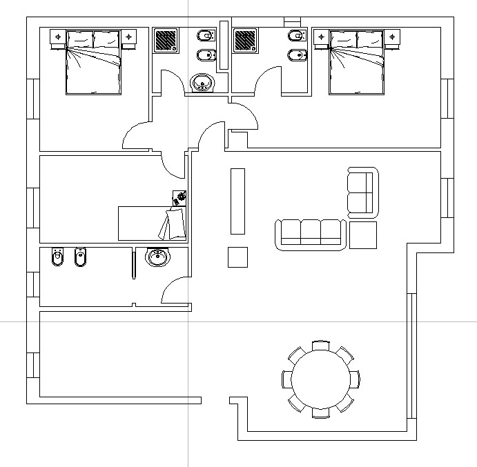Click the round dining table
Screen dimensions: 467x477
click(320, 379)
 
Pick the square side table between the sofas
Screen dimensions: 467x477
click(363, 235)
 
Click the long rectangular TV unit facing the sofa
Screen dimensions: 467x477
click(237, 201)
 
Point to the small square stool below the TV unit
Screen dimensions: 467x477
click(238, 257)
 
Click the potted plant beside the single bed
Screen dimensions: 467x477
click(182, 197)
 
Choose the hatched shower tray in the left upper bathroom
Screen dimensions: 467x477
click(165, 39)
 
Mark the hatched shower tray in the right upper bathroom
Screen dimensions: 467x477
click(245, 39)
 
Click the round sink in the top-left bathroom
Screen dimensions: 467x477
click(202, 83)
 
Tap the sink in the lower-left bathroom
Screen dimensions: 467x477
click(158, 258)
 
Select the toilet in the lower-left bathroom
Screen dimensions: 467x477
click(57, 258)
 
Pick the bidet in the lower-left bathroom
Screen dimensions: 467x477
click(79, 258)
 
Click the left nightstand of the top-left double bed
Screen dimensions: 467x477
click(58, 36)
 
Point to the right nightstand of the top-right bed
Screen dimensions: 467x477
click(392, 36)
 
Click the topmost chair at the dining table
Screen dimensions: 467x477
click(320, 345)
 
